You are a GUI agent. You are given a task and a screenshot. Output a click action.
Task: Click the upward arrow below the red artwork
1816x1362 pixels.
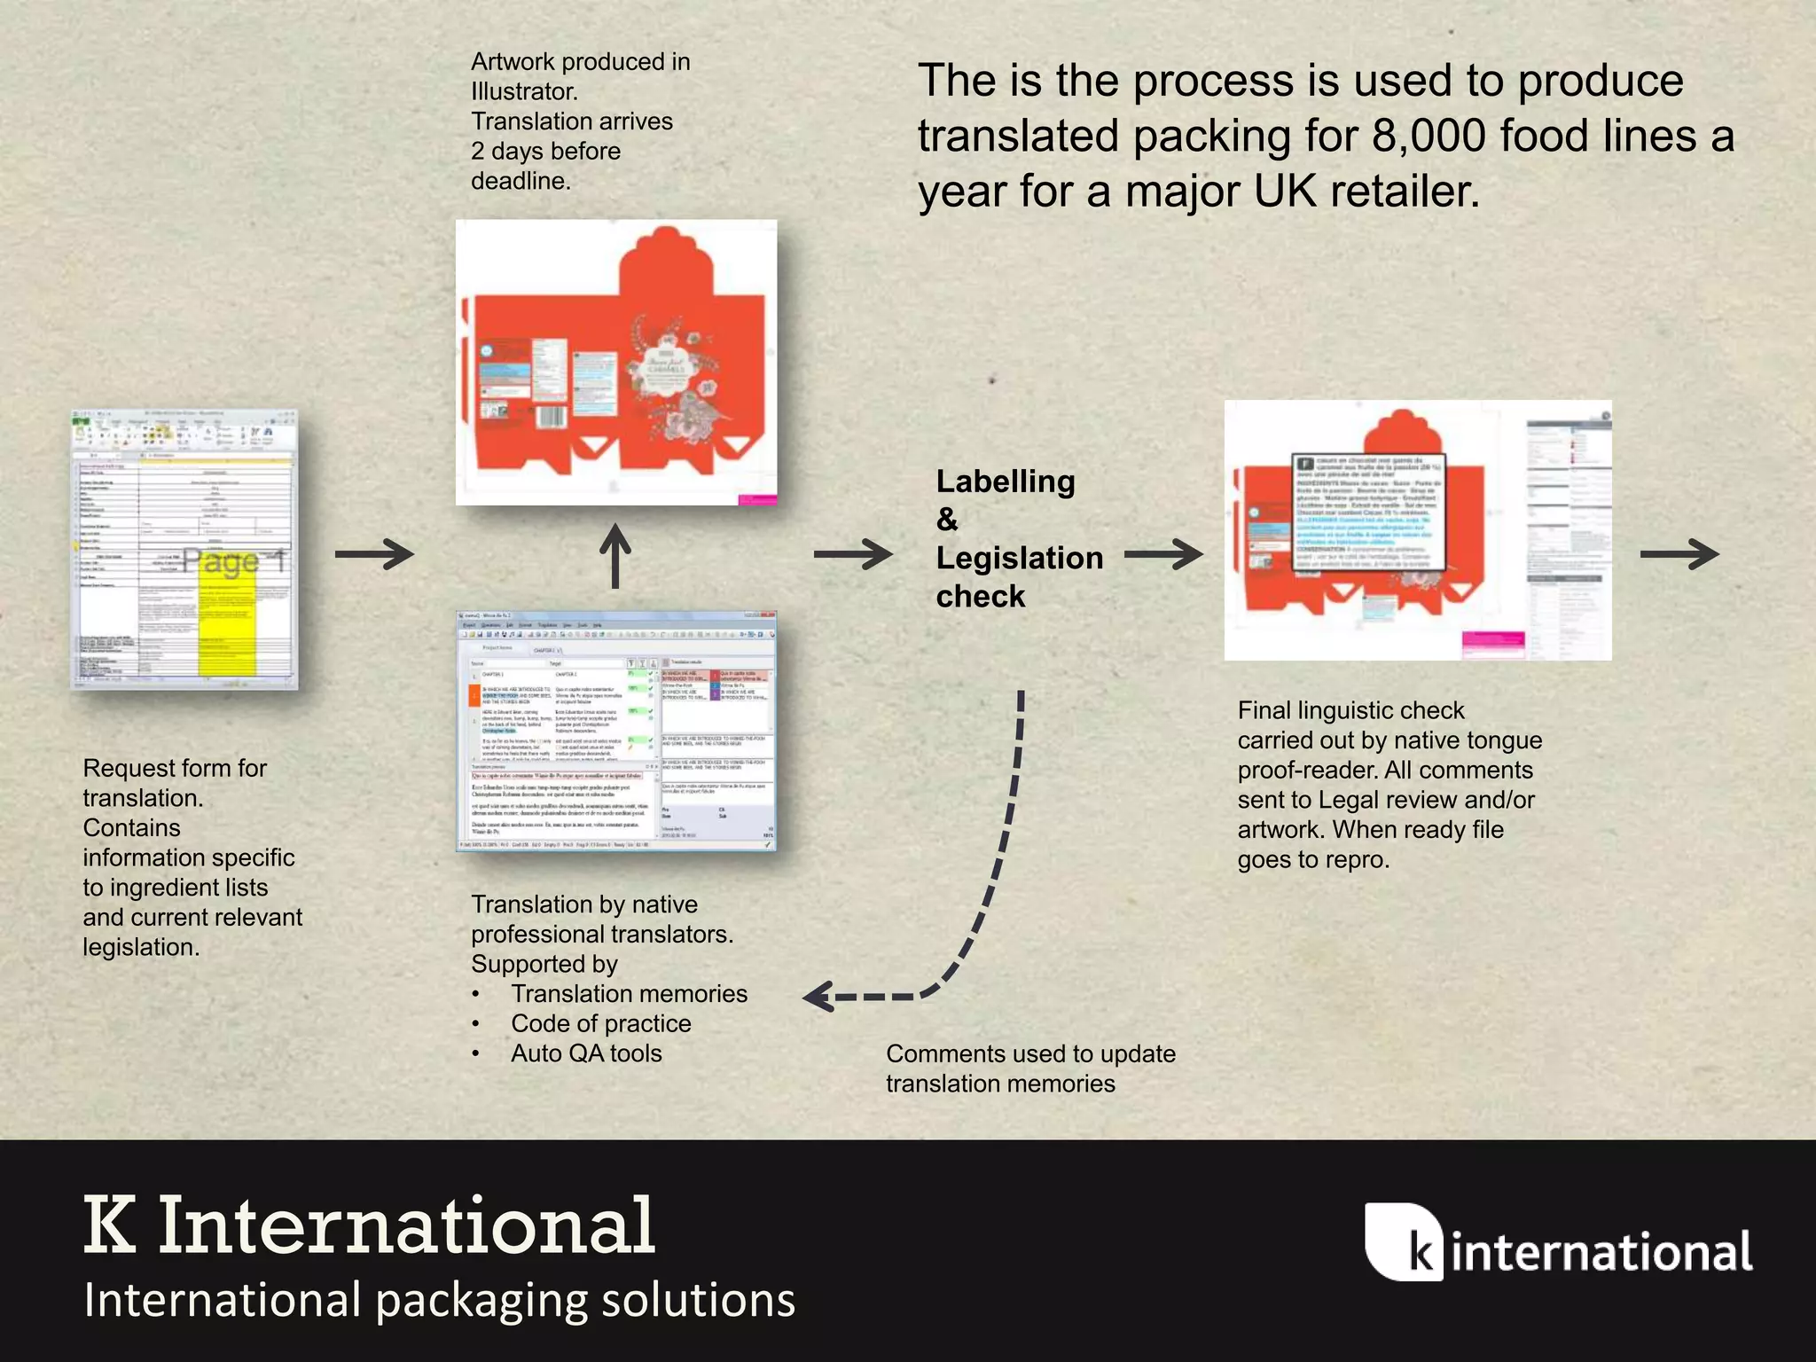click(615, 556)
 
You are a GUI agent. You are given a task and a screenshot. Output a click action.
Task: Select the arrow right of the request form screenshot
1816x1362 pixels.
click(374, 554)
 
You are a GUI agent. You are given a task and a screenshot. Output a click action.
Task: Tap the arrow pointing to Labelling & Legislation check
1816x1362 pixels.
click(853, 554)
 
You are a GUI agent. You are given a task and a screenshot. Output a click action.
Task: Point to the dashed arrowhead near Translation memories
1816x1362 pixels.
click(818, 997)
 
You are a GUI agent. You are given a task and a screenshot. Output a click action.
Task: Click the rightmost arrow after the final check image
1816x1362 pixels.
click(1679, 554)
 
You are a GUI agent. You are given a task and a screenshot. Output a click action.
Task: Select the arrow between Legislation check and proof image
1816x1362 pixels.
click(1163, 554)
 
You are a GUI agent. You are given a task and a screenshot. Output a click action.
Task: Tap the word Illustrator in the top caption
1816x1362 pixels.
click(523, 91)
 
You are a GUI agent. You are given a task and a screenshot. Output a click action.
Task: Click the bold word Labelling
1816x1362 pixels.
click(1006, 481)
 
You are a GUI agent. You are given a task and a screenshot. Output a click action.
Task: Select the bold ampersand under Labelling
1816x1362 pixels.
click(947, 520)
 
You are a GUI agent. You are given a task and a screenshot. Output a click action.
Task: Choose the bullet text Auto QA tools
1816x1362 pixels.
click(586, 1053)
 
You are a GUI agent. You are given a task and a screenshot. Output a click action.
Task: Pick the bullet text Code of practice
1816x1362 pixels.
click(600, 1023)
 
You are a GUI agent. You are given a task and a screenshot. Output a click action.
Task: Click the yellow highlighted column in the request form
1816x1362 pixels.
click(227, 621)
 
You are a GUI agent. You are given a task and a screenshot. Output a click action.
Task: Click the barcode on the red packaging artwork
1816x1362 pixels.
click(552, 417)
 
